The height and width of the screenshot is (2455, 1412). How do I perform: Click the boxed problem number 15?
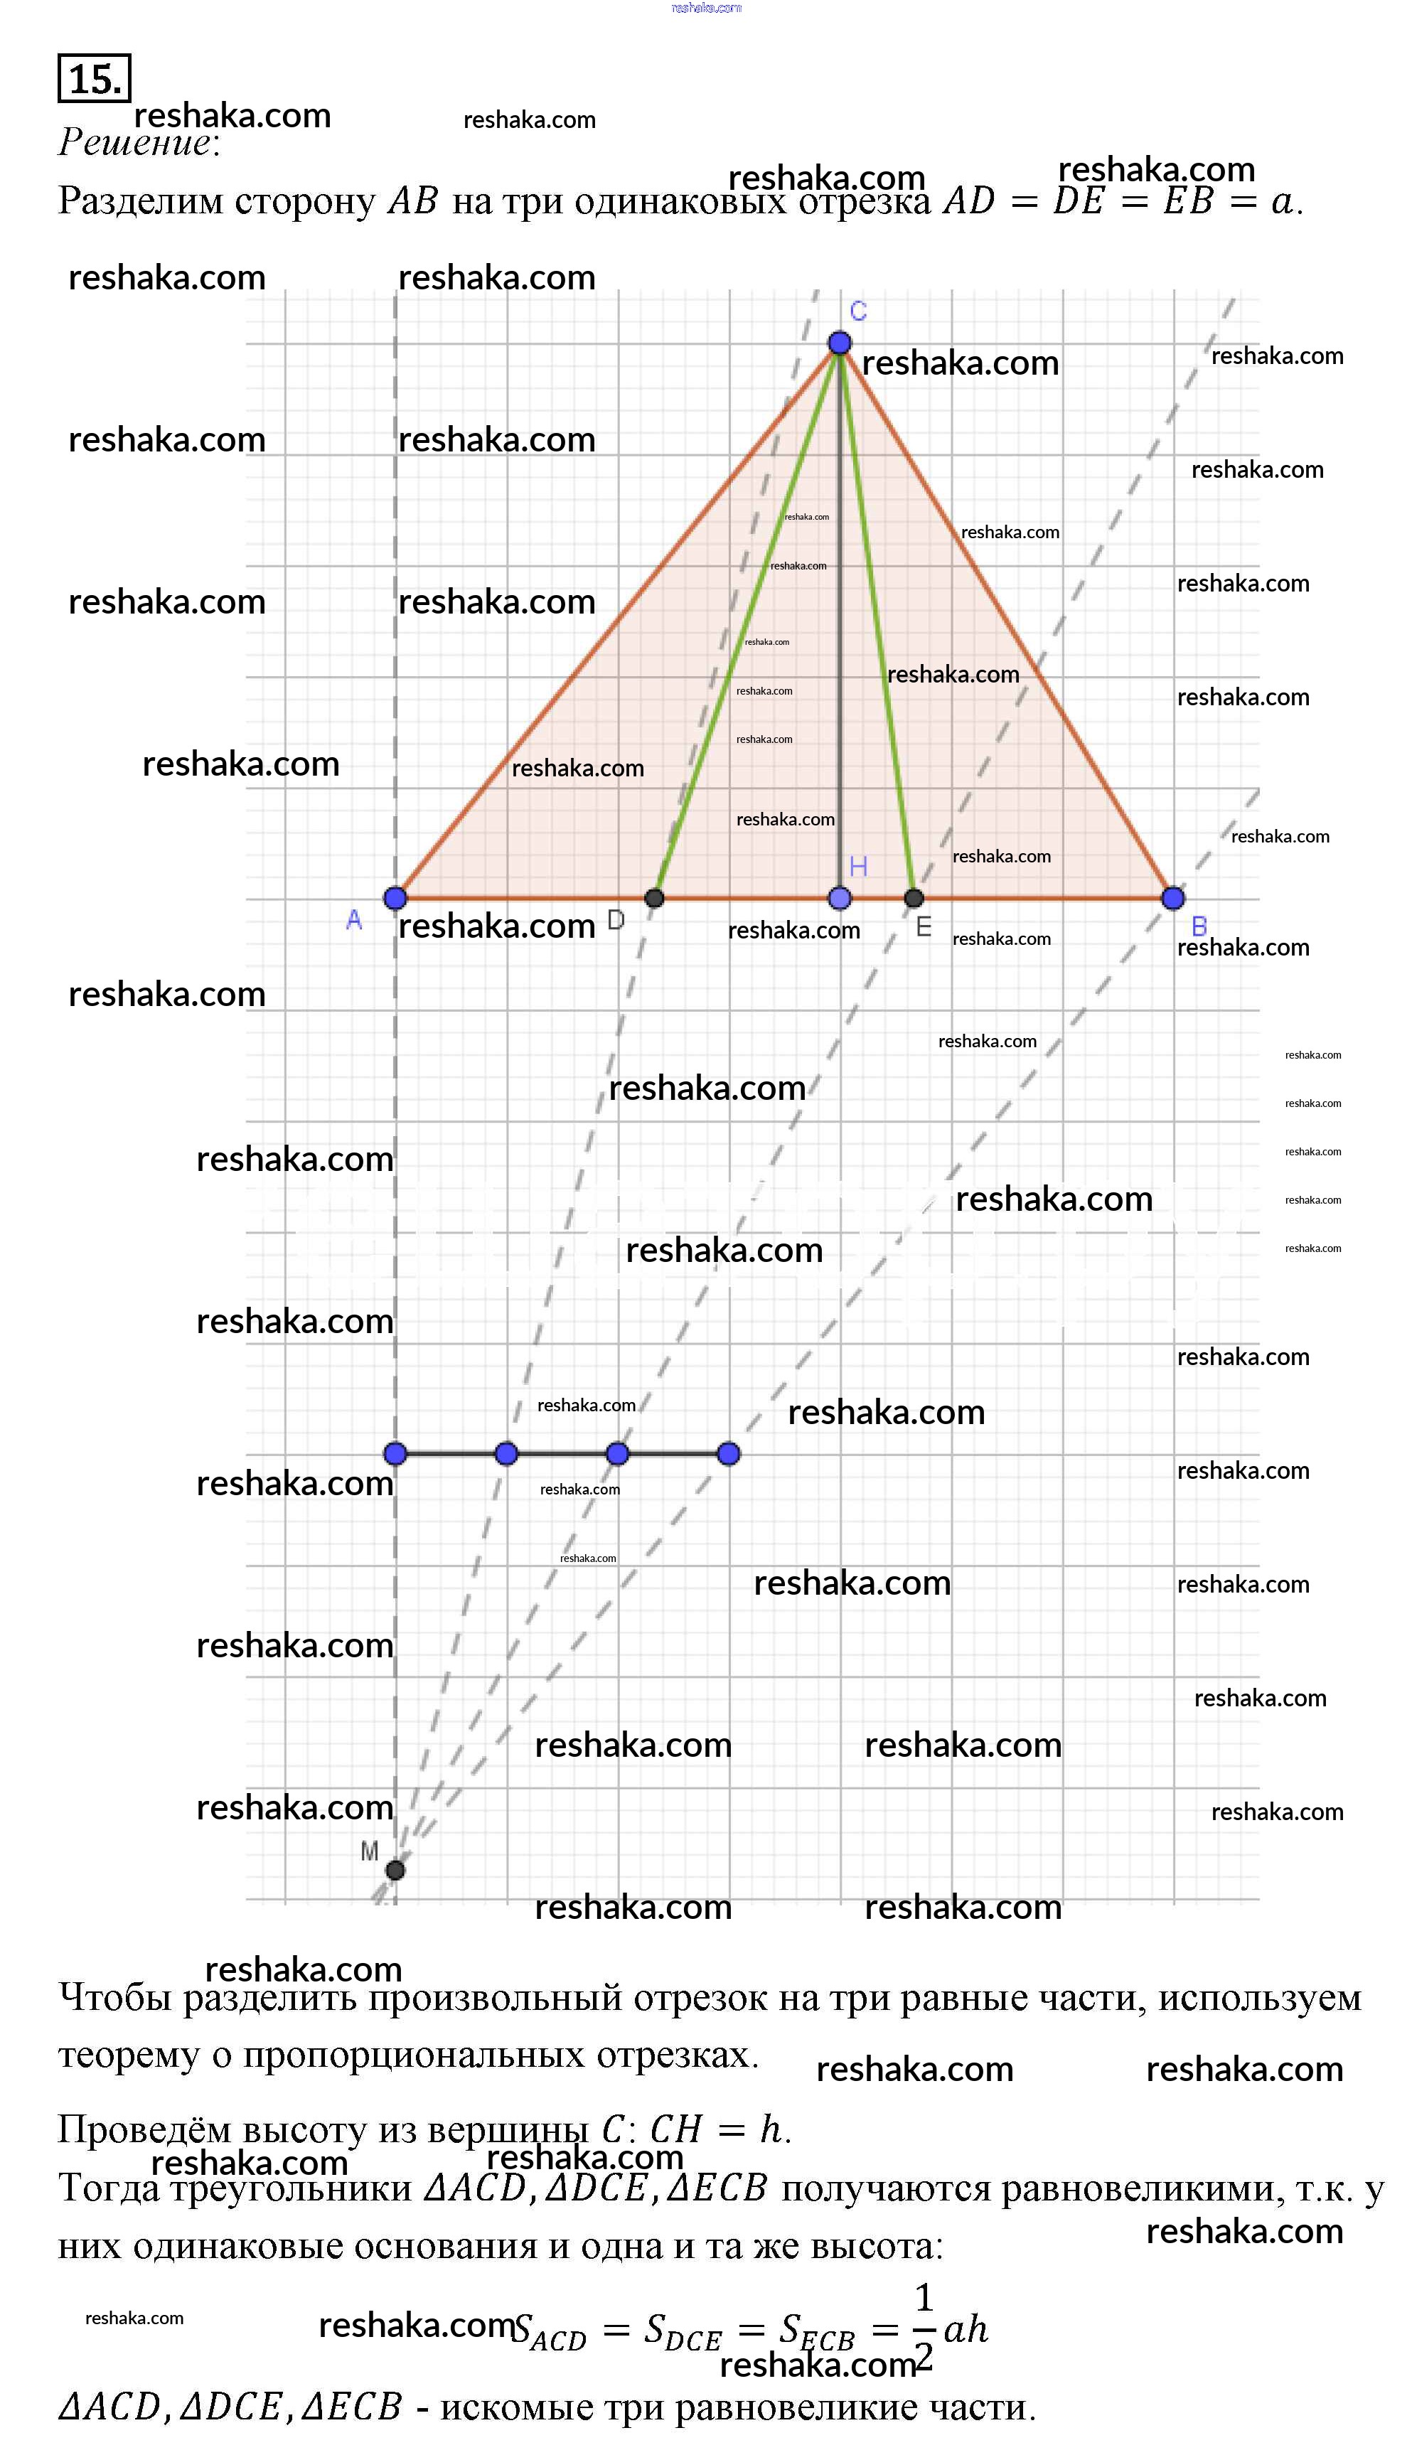pyautogui.click(x=94, y=78)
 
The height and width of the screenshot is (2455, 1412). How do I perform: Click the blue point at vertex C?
pyautogui.click(x=840, y=342)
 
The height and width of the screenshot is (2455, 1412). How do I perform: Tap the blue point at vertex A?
pyautogui.click(x=395, y=898)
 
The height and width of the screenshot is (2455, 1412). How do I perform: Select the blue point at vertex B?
pyautogui.click(x=1172, y=898)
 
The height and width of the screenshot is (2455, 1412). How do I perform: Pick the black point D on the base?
pyautogui.click(x=655, y=898)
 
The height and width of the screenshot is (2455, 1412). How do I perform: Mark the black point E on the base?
pyautogui.click(x=914, y=898)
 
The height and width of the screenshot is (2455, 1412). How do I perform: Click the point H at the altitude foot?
pyautogui.click(x=840, y=898)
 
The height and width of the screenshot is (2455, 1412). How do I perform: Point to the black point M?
pyautogui.click(x=395, y=1869)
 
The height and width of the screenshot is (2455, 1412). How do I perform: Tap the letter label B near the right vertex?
pyautogui.click(x=1199, y=926)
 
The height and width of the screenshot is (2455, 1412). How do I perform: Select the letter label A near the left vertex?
pyautogui.click(x=354, y=920)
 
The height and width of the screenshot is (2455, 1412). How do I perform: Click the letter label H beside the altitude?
pyautogui.click(x=858, y=867)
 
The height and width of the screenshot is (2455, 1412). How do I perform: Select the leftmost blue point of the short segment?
pyautogui.click(x=395, y=1453)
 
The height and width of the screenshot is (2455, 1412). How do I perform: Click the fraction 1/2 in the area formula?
pyautogui.click(x=924, y=2327)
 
